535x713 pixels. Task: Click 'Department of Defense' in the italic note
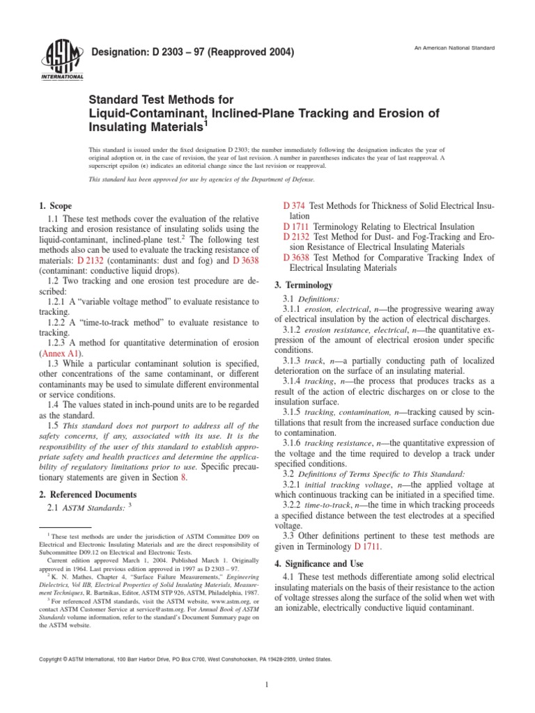click(281, 179)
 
